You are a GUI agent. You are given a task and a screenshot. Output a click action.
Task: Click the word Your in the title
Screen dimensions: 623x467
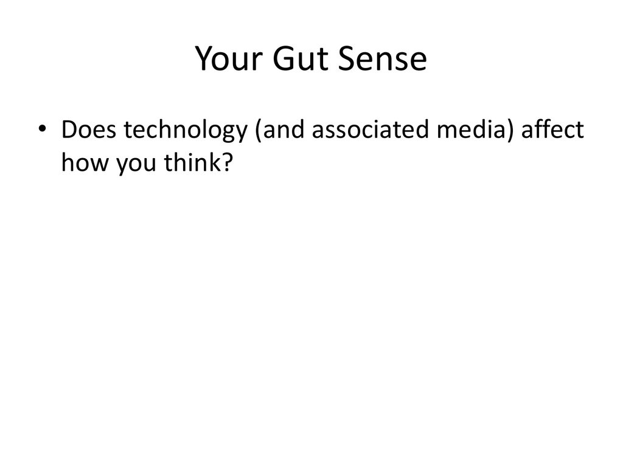click(229, 59)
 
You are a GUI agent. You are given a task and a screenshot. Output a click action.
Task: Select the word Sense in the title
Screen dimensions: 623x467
click(383, 58)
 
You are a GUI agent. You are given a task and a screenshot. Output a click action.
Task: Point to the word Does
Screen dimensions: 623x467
click(89, 130)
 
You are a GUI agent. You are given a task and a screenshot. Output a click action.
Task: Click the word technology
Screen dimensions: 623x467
click(186, 131)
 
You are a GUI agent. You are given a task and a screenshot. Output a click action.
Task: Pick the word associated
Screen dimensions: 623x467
click(371, 130)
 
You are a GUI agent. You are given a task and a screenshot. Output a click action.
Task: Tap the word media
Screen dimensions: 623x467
click(472, 130)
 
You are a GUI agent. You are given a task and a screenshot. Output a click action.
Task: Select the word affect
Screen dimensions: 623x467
click(552, 129)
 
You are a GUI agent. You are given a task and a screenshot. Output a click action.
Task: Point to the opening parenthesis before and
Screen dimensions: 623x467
click(259, 131)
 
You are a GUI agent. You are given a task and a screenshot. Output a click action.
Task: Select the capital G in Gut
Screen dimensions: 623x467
click(284, 58)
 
